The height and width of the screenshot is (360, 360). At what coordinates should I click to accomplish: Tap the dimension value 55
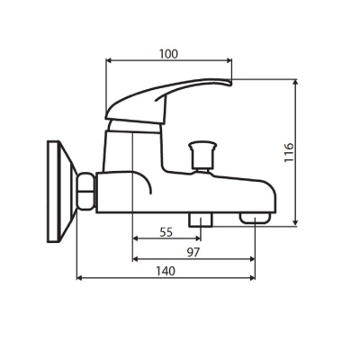(166, 231)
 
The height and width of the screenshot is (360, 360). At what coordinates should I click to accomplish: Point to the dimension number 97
(193, 252)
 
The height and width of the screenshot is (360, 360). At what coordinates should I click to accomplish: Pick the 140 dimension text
(166, 270)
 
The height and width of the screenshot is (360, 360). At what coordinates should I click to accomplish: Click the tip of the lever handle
(229, 83)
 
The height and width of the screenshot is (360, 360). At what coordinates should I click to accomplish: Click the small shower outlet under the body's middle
(198, 220)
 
